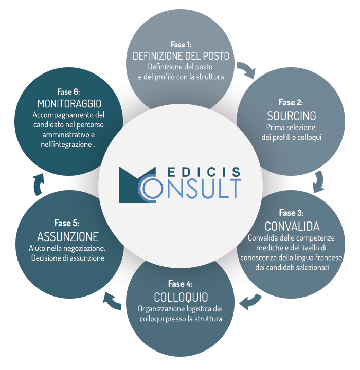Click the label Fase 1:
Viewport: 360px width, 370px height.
(x=181, y=45)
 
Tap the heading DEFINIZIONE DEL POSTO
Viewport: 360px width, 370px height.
(x=181, y=56)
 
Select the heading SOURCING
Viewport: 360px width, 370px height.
(x=291, y=115)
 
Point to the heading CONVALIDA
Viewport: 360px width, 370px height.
(x=292, y=226)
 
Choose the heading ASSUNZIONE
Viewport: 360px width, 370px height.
(x=68, y=237)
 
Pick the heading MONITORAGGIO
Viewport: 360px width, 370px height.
(x=68, y=103)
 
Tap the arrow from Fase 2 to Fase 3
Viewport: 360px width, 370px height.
(x=318, y=180)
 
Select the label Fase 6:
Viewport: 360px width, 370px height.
(x=68, y=91)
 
